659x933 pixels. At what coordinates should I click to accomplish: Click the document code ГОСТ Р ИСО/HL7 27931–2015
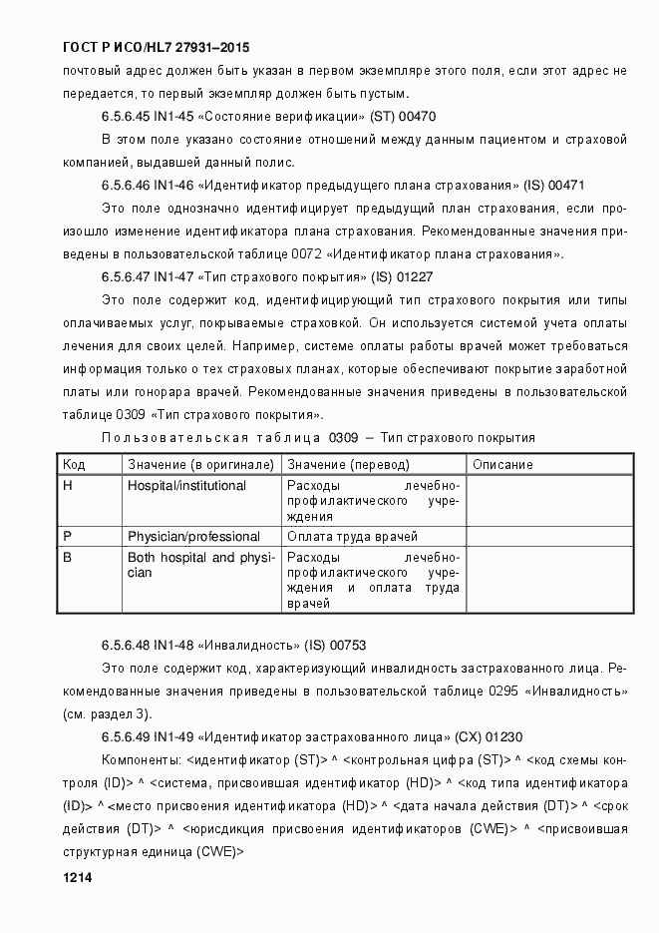click(156, 47)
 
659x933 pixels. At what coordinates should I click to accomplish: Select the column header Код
click(74, 464)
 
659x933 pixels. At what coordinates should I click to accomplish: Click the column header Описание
click(502, 464)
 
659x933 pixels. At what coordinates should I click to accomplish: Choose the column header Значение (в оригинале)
click(200, 464)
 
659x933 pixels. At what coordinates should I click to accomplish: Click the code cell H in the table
click(68, 486)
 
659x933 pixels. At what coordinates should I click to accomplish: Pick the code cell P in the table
click(68, 537)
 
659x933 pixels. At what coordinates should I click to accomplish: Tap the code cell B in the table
click(68, 558)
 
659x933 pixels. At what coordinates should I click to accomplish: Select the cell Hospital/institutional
click(186, 486)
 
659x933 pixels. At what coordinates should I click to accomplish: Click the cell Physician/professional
click(193, 537)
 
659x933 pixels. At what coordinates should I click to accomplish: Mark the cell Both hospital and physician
click(199, 565)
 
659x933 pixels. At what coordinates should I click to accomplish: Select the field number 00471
click(566, 186)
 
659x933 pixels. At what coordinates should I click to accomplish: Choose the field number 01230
click(502, 737)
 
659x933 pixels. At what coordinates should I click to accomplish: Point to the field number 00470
click(417, 117)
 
